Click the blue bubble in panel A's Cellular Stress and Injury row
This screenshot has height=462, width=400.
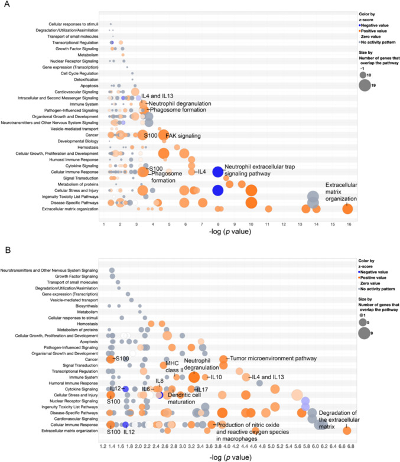pyautogui.click(x=217, y=190)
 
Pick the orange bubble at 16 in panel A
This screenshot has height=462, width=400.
pyautogui.click(x=347, y=209)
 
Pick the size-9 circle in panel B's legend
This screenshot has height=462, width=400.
pyautogui.click(x=365, y=333)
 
